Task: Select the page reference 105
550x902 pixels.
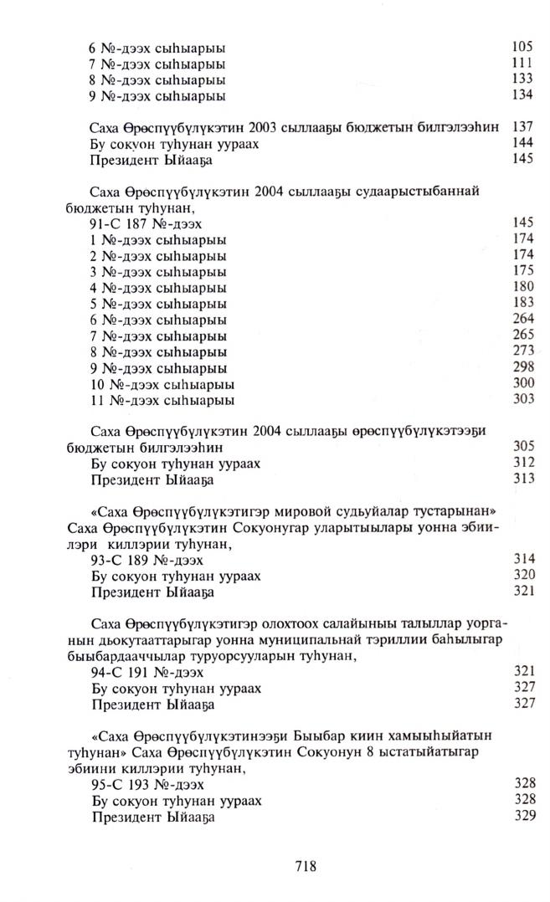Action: pos(522,48)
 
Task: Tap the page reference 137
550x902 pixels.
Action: pos(522,126)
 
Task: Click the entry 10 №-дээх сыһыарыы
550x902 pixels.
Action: pos(162,384)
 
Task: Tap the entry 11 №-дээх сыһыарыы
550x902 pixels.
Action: pos(162,400)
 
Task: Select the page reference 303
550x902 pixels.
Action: pos(522,400)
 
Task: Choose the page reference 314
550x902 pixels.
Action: pos(522,560)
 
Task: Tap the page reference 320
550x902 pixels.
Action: pos(522,576)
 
